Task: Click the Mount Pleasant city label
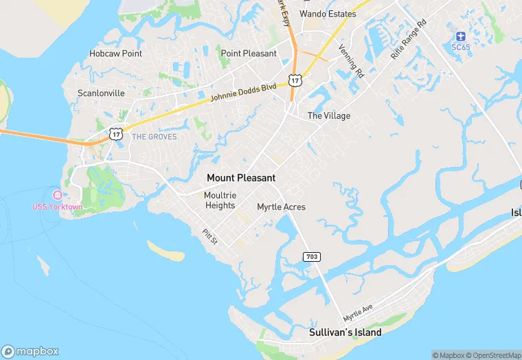tap(241, 178)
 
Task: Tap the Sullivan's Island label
tap(345, 333)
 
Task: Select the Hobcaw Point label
tap(115, 54)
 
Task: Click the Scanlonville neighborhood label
tap(101, 93)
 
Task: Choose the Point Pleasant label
tap(249, 54)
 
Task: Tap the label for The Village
tap(328, 116)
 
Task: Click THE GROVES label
tap(154, 137)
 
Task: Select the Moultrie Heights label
tap(220, 200)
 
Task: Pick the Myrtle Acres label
tap(281, 207)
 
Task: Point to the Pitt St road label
tap(210, 237)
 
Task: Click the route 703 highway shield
tap(312, 256)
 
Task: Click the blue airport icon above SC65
tap(460, 36)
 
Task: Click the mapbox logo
tap(31, 351)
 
